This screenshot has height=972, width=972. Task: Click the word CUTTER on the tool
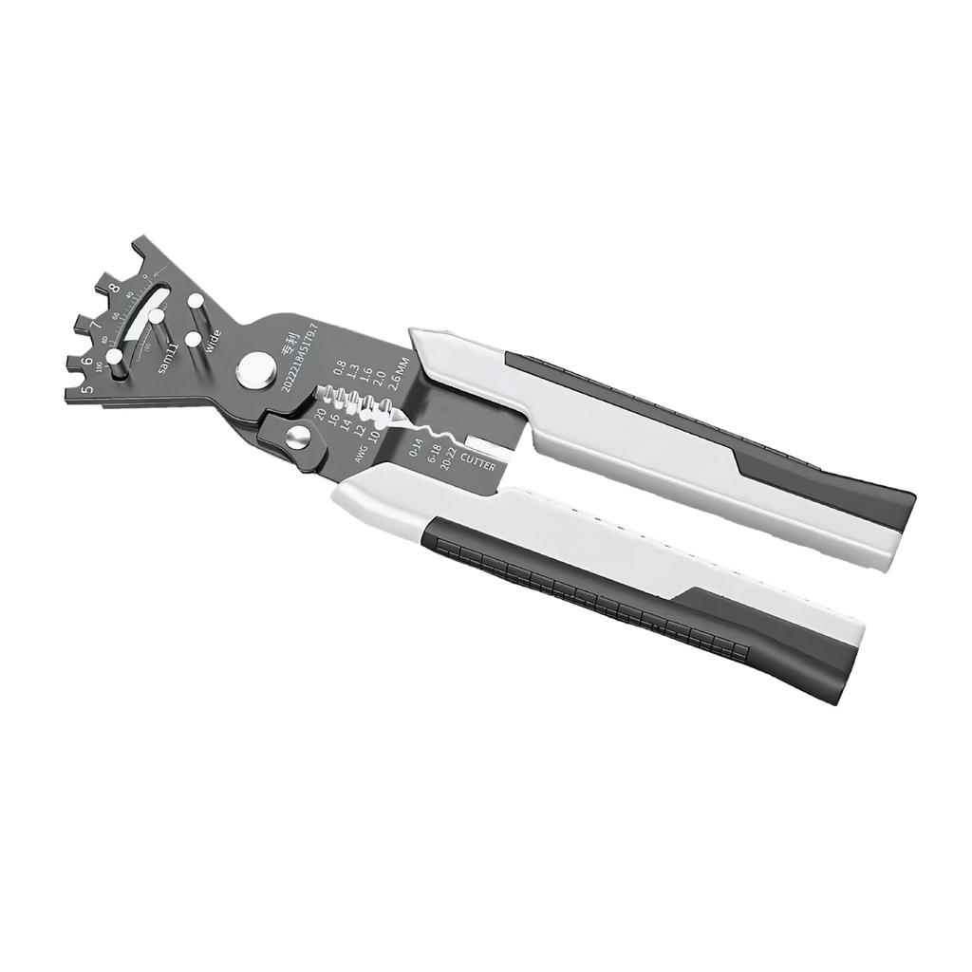(477, 461)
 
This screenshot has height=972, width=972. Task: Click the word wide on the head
(214, 339)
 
